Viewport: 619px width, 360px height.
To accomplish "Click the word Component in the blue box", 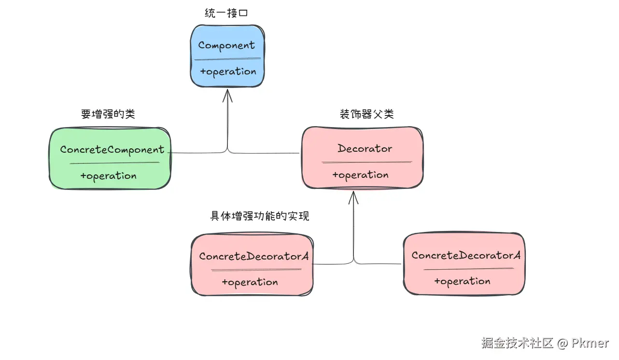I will click(226, 46).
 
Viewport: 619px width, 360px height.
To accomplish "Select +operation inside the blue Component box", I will click(228, 72).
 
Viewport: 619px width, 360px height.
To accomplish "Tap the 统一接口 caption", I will click(226, 14).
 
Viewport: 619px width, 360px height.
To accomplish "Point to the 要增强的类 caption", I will click(108, 115).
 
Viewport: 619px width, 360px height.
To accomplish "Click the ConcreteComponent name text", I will click(112, 150).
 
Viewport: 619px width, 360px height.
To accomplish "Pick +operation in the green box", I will click(108, 176).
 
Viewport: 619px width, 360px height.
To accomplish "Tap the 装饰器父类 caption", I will click(367, 115).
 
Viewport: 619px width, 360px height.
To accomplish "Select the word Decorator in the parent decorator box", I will click(365, 148).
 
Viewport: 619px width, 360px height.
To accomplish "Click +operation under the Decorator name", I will click(360, 175).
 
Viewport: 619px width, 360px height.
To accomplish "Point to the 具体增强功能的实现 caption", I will click(259, 216).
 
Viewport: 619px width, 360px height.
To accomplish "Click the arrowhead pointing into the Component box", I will click(227, 96).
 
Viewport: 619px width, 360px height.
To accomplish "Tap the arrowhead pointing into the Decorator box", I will click(354, 197).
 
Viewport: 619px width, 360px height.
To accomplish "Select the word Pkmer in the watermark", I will click(590, 344).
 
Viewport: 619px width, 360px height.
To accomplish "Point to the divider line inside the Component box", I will click(227, 59).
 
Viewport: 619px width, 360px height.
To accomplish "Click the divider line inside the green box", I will click(114, 163).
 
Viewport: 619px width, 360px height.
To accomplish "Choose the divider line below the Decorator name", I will click(366, 162).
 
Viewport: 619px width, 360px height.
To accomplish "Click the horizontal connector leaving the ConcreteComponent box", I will click(198, 153).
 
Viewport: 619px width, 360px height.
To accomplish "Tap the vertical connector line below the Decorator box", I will click(354, 232).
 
